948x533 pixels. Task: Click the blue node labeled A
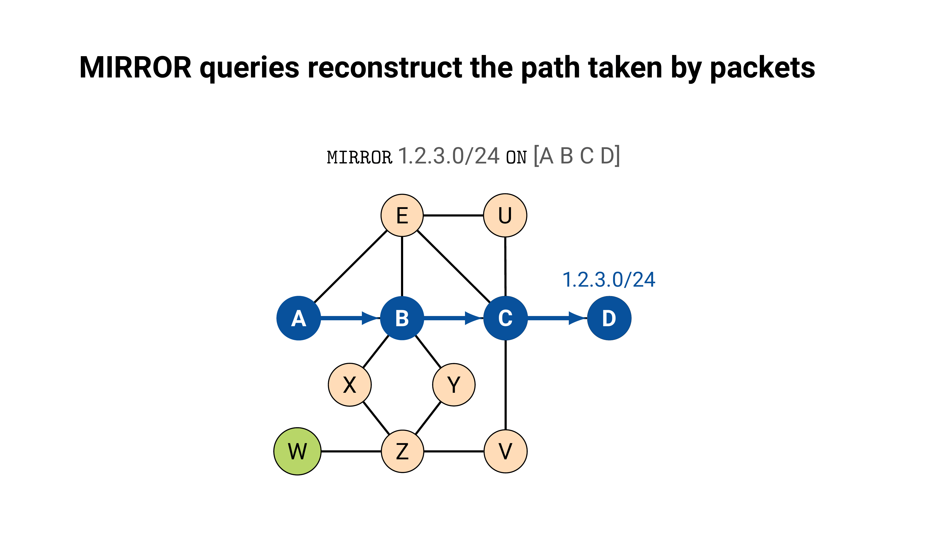point(298,318)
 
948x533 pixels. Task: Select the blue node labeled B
point(402,318)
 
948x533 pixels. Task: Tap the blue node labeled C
point(505,318)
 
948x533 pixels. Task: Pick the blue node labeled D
point(609,318)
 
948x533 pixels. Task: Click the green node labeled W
point(297,451)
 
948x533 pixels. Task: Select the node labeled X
point(350,385)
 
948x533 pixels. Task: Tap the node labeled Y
point(454,385)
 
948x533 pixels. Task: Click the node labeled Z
point(402,451)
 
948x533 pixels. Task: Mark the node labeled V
point(505,451)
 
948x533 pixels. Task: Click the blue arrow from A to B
point(350,318)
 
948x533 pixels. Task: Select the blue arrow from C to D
point(556,318)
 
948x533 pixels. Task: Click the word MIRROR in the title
point(135,68)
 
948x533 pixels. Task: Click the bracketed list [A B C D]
point(577,156)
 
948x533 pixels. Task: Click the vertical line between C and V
point(505,385)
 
